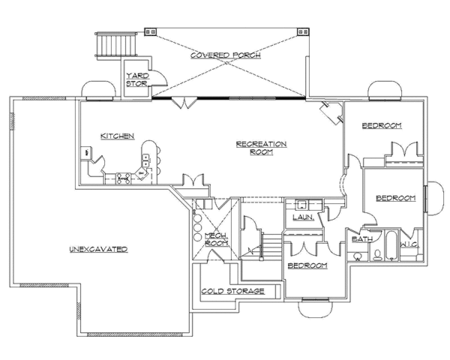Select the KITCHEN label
[118, 136]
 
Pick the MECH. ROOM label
[216, 238]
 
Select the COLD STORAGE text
[232, 290]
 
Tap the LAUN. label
[301, 217]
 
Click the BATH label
[361, 239]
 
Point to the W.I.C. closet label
[409, 244]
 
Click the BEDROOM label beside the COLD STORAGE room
[307, 265]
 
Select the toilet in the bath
[358, 256]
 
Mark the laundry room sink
[302, 203]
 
